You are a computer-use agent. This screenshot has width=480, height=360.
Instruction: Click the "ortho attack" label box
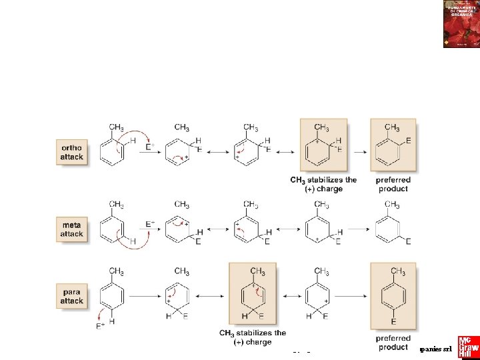coord(72,151)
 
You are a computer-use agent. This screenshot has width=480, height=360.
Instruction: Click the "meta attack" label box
coord(72,229)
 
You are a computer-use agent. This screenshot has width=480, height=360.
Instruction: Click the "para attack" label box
coord(72,295)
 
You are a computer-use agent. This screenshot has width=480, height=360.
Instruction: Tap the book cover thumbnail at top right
coord(461,24)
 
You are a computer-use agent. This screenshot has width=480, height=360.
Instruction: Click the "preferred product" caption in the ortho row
coord(393,184)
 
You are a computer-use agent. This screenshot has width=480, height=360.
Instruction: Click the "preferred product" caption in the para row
coord(393,343)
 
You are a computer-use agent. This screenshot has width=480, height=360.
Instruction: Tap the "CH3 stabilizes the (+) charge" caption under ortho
coord(323,184)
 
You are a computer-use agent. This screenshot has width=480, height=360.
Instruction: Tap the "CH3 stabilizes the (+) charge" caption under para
coord(253,337)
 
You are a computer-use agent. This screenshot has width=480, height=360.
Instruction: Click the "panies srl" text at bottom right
coord(436,349)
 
